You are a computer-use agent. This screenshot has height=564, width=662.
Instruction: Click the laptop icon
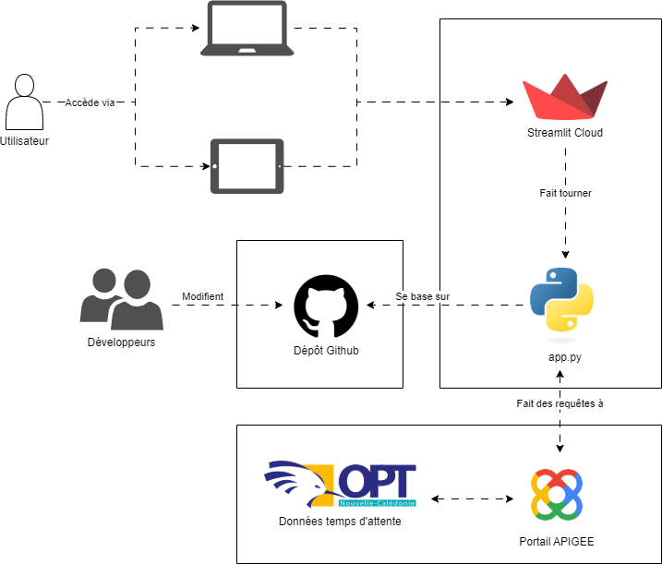click(x=247, y=30)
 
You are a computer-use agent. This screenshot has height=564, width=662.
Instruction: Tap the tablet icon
click(x=247, y=166)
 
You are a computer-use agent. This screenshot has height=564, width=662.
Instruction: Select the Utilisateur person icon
click(x=25, y=102)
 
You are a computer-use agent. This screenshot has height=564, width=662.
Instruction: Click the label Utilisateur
click(x=25, y=141)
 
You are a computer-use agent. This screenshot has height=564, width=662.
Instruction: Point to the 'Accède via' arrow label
click(x=90, y=102)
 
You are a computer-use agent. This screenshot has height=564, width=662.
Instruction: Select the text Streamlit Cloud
click(x=564, y=133)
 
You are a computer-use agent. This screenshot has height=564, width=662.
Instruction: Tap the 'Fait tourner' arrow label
click(x=565, y=194)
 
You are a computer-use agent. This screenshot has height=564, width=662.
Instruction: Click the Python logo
click(x=561, y=299)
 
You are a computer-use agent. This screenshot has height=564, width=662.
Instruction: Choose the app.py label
click(x=562, y=354)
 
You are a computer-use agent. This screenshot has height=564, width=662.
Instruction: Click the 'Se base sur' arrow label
click(x=423, y=296)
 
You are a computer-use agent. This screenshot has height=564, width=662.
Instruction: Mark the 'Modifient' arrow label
click(x=202, y=296)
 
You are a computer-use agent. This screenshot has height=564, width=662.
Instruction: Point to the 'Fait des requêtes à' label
click(x=560, y=403)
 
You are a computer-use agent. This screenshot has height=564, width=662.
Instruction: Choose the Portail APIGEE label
click(x=558, y=538)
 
